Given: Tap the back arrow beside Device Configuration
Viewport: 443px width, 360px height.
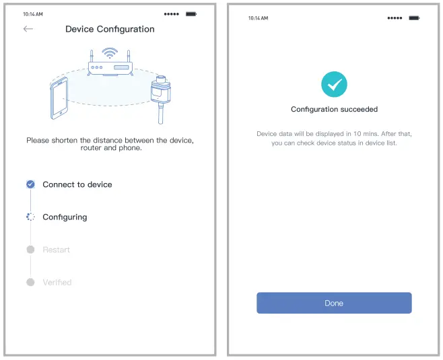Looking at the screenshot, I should coord(28,29).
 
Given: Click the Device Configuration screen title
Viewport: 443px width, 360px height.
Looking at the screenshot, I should coord(110,29).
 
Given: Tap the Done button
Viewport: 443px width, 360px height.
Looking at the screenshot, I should coord(334,303).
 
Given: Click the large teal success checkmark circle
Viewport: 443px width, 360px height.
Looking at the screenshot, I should coord(334,84).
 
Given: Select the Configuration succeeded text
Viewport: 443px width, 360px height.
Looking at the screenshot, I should coord(334,109).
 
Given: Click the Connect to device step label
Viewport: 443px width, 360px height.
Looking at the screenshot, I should coord(77,184).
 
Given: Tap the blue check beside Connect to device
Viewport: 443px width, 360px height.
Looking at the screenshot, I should coord(30,184).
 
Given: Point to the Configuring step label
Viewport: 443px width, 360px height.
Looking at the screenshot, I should coord(65,217).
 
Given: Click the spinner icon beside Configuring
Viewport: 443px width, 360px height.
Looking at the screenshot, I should coord(30,217).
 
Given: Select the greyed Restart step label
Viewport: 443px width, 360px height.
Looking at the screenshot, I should coord(57,250).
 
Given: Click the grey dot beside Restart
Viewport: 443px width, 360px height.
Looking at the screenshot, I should coord(30,250).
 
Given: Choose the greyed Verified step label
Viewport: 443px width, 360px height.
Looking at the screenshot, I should coord(57,282).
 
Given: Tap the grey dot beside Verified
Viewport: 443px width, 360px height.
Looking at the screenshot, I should coord(30,282).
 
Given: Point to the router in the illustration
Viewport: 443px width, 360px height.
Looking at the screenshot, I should coord(110,67).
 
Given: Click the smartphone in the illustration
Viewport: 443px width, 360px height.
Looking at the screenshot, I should coord(59,98).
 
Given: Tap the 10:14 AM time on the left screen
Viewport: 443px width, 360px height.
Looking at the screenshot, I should coord(34,13).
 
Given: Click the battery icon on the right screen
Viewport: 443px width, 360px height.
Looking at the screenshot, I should coord(414,18).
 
